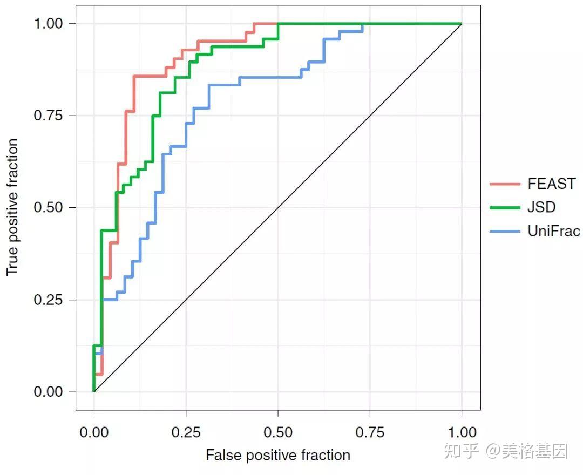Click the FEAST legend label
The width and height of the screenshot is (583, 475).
[x=551, y=184]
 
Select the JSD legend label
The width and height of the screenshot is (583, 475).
[x=541, y=207]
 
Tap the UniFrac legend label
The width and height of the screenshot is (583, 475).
[x=554, y=231]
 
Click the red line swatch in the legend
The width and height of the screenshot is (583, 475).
[x=505, y=184]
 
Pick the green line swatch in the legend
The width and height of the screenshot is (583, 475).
[x=505, y=207]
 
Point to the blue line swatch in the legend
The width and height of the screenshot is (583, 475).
[x=505, y=231]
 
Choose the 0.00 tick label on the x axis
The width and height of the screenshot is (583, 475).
[x=94, y=432]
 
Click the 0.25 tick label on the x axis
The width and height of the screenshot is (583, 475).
[x=186, y=432]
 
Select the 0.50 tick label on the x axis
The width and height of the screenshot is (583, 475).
[x=278, y=432]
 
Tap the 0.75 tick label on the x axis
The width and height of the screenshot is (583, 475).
[x=370, y=432]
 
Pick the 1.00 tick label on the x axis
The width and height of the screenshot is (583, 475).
[x=462, y=432]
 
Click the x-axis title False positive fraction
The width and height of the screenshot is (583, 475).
[x=278, y=455]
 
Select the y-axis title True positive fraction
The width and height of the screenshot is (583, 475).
[x=12, y=207]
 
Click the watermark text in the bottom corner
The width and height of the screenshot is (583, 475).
[x=506, y=451]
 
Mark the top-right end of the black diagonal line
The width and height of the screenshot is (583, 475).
[x=462, y=24]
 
